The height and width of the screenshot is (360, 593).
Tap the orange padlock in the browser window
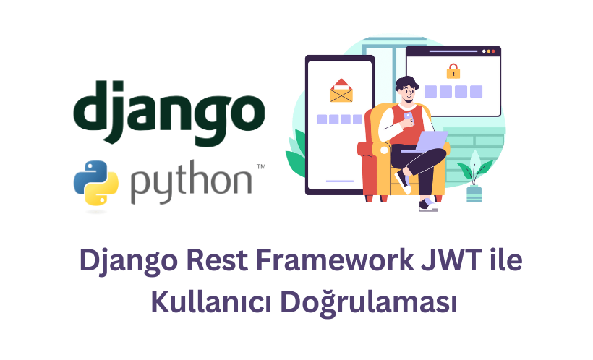coord(453,71)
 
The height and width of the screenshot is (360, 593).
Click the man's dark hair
coord(406,81)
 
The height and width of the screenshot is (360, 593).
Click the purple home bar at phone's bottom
coord(339,181)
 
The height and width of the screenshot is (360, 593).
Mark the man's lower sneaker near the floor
coord(428,206)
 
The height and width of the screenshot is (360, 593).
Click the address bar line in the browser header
coord(441,52)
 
